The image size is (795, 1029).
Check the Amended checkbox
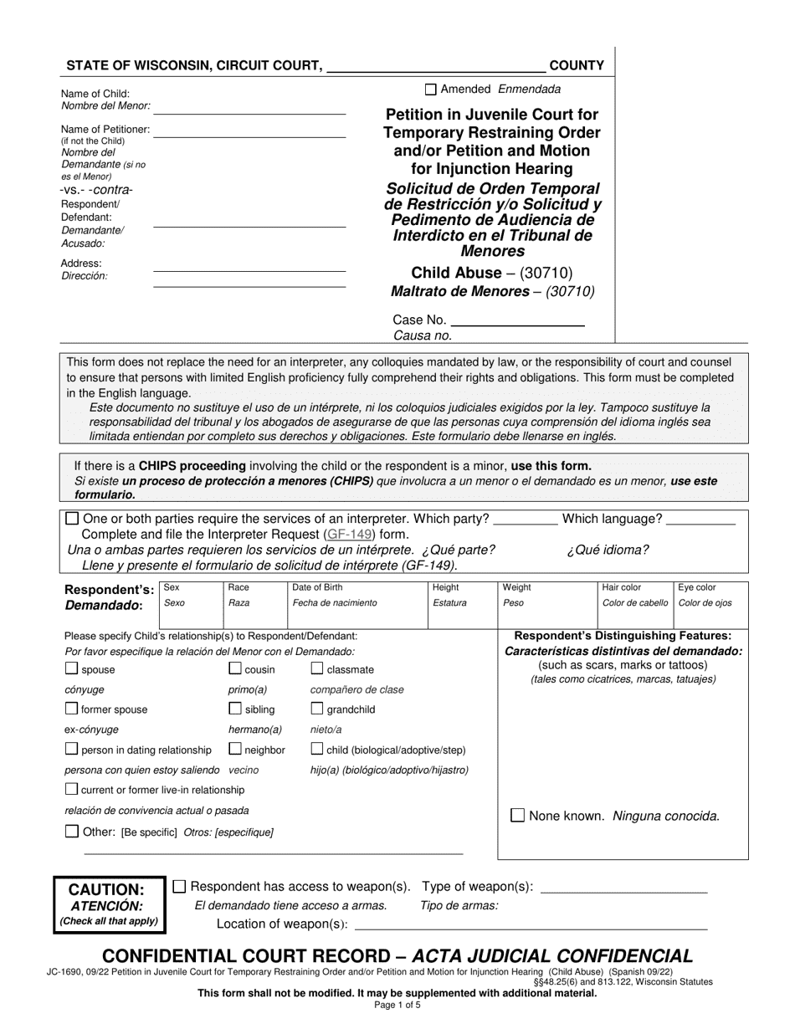[431, 90]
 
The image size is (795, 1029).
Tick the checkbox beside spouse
[71, 668]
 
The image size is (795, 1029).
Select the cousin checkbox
[235, 668]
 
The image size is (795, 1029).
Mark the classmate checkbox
[317, 668]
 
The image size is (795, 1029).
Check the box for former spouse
[71, 709]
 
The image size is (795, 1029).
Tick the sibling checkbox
[235, 709]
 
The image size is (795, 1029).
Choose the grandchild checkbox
[317, 709]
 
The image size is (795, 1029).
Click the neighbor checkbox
[235, 749]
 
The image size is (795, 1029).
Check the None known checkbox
[518, 815]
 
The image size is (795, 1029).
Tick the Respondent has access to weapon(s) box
[179, 886]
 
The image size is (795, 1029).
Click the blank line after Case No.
[517, 321]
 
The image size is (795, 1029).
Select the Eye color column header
[696, 587]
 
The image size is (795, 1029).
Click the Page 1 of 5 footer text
[397, 1005]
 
